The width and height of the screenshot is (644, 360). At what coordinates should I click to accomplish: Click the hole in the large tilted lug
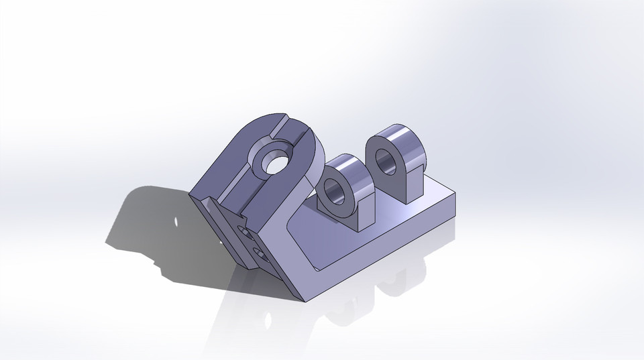point(274,161)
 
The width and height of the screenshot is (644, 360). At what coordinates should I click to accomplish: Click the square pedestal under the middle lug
point(366,215)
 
